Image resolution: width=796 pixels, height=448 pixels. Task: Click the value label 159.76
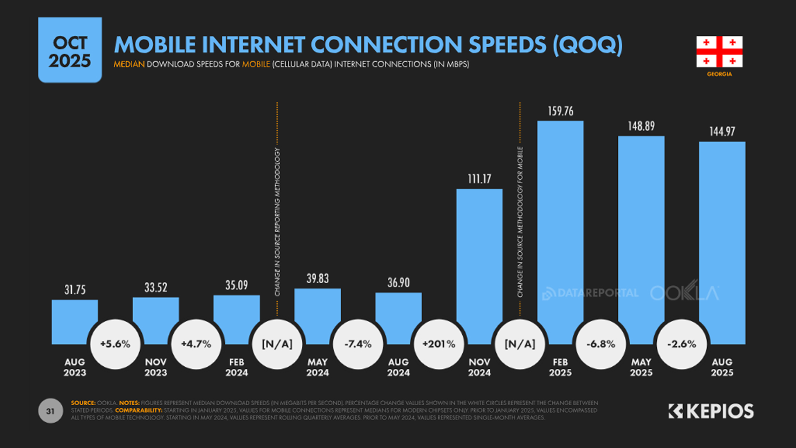561,111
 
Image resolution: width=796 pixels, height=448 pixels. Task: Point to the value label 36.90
398,283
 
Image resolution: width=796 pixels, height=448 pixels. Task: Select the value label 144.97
722,132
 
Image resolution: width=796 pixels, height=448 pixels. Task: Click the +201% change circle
439,344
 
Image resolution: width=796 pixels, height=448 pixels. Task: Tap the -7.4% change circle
358,344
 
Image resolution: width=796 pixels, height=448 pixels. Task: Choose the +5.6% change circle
115,344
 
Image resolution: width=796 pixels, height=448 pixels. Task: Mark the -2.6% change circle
682,344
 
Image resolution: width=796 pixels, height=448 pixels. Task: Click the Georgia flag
719,52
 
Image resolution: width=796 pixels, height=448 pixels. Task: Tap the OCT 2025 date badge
70,50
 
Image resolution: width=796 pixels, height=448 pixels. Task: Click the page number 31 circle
50,411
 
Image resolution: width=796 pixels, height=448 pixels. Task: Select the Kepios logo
711,411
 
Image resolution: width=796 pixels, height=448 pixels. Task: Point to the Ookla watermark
684,293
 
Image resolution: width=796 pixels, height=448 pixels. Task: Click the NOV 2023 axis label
156,367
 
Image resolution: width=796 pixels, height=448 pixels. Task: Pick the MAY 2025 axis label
641,367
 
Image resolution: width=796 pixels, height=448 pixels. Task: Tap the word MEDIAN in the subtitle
129,64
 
